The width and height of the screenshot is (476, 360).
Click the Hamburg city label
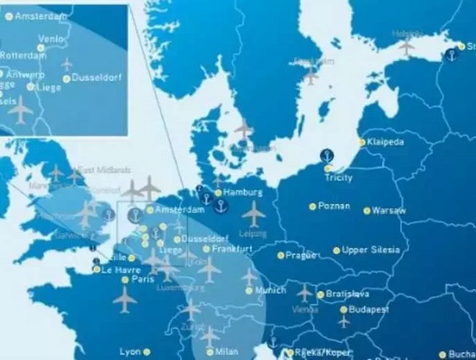point(243,193)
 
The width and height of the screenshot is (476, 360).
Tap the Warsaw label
point(389,211)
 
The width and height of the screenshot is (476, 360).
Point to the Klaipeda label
point(386,142)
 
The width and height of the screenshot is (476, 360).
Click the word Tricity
point(338,177)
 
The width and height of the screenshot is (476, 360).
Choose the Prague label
point(300,255)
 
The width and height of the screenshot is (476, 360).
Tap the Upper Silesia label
point(370,250)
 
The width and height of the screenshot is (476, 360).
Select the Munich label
point(270,291)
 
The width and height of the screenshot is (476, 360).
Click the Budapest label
point(369,309)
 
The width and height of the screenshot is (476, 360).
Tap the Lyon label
point(131,351)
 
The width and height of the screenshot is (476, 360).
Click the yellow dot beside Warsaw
point(367,211)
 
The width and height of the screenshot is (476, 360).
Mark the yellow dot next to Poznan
point(313,206)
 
